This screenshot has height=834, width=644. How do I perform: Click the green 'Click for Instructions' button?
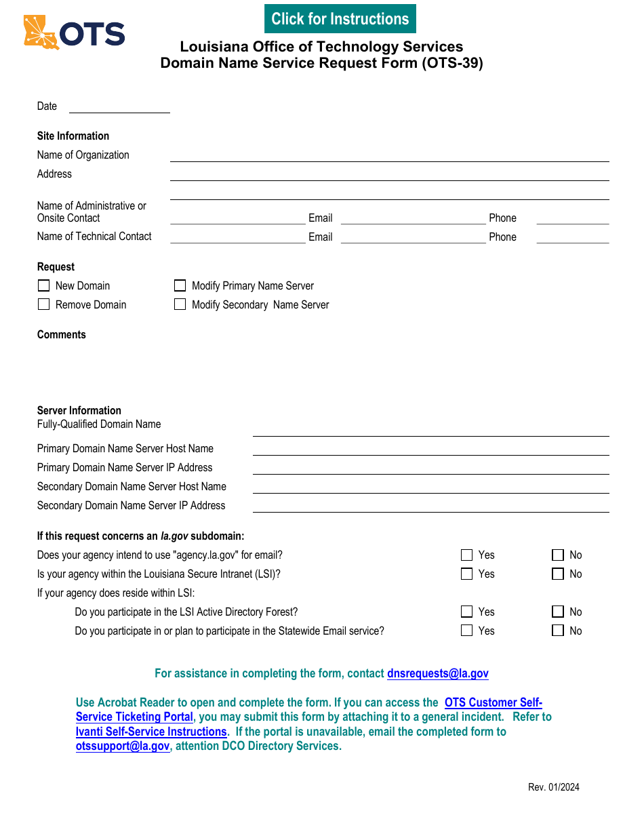(340, 19)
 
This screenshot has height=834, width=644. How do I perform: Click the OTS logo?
(75, 33)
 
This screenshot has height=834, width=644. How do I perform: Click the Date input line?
(119, 106)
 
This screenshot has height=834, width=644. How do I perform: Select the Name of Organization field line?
(389, 155)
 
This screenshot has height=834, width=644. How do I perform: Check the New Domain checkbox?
(44, 285)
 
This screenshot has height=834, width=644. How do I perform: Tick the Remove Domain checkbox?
(44, 304)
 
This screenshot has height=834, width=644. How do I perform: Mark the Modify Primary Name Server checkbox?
(180, 285)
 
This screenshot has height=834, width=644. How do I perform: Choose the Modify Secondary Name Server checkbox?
(180, 304)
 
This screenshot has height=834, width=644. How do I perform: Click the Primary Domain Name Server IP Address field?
(430, 468)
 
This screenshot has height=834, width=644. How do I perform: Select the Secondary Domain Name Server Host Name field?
(430, 487)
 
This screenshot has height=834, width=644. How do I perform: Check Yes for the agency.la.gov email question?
(466, 555)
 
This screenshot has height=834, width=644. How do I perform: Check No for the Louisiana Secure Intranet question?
(558, 574)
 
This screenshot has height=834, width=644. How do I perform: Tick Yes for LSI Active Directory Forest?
(466, 612)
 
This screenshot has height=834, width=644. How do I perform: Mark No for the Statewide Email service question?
(558, 631)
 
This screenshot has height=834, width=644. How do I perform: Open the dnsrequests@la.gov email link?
(437, 673)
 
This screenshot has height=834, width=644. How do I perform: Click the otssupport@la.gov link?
(123, 746)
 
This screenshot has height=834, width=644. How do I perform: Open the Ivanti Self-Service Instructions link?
(151, 732)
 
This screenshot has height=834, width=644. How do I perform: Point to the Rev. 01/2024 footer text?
(554, 787)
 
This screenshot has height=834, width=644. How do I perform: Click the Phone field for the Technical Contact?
(572, 237)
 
